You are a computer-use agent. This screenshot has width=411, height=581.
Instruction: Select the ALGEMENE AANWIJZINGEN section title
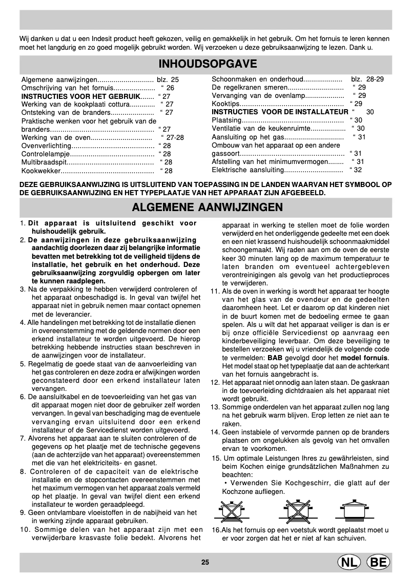pos(208,207)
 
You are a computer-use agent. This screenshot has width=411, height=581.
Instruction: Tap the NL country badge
pos(348,562)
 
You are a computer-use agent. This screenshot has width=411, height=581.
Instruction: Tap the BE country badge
pos(379,562)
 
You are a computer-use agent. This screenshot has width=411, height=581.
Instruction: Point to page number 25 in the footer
pos(205,563)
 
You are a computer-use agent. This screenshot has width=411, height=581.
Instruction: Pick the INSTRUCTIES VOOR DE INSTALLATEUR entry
pos(280,112)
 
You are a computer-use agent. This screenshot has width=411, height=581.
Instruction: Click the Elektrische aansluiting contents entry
pos(248,170)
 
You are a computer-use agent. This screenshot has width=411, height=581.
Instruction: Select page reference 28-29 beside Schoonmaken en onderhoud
pos(375,79)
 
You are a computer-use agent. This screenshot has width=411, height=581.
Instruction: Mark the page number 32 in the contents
pos(358,170)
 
